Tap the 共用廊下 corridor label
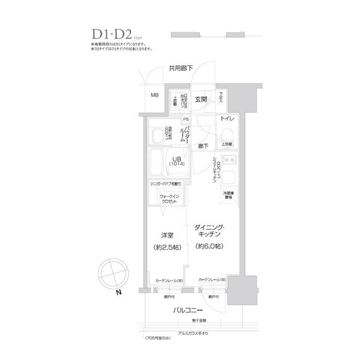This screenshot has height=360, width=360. (180, 69)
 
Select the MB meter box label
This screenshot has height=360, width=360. (154, 95)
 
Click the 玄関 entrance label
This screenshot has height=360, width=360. (201, 99)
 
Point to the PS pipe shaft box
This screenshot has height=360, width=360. (186, 119)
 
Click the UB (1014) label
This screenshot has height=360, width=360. (177, 161)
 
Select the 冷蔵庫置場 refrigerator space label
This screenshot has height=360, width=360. (229, 196)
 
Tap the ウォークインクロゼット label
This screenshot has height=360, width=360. (168, 199)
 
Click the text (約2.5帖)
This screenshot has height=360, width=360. (168, 247)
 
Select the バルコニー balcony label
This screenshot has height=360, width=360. (189, 310)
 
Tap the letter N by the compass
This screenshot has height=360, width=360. (119, 291)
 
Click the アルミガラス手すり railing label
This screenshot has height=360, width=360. (191, 334)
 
